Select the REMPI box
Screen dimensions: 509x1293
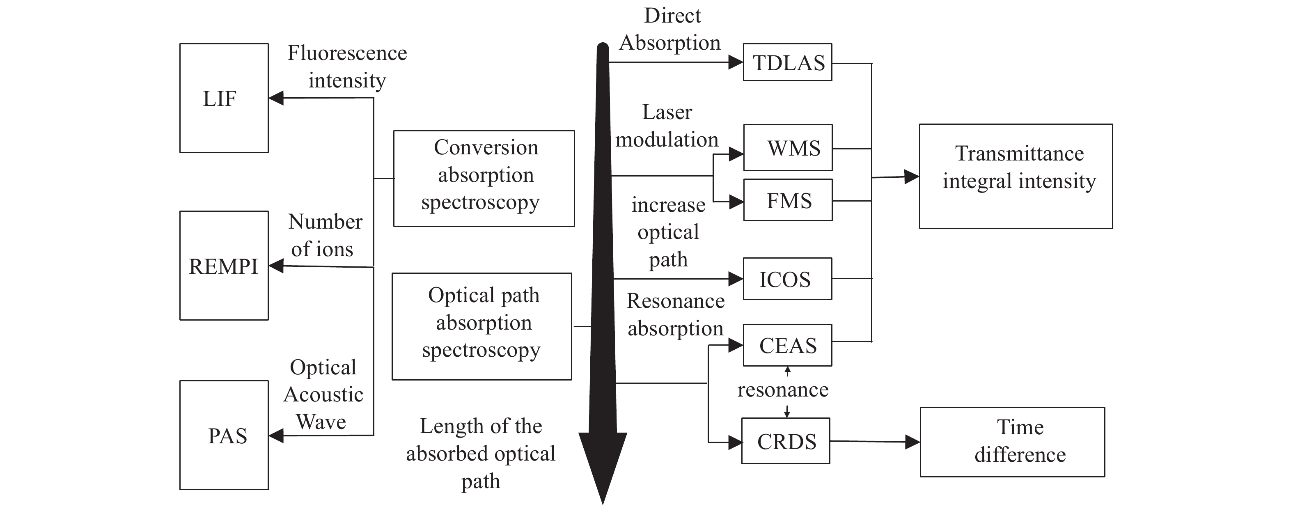(224, 266)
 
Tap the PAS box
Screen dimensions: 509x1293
(224, 435)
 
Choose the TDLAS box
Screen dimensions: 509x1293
(787, 63)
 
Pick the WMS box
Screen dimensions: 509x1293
(788, 148)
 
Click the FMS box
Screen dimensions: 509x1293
(788, 200)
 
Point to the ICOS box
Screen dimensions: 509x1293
(787, 279)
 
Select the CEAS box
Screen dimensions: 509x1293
(787, 345)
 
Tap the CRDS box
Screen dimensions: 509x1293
(786, 441)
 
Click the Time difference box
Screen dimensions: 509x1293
(1012, 442)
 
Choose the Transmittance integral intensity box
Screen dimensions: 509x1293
(1016, 176)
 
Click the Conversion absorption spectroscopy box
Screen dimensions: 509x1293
(484, 178)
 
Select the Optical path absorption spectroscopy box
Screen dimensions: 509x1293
(482, 326)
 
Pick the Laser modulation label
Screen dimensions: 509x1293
(667, 126)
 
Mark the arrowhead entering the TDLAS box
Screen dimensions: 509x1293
(735, 63)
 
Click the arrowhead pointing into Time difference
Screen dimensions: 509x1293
(912, 442)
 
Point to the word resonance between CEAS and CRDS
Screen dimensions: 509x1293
(782, 390)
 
